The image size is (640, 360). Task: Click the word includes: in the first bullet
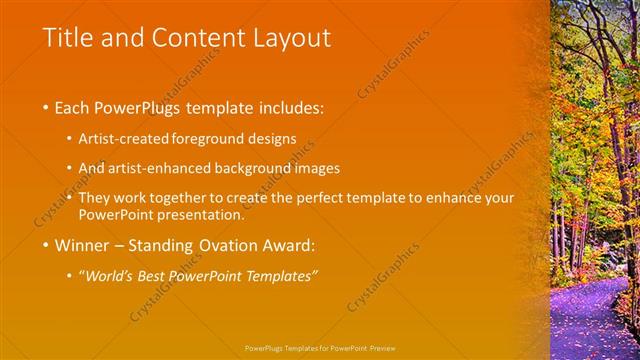pyautogui.click(x=289, y=106)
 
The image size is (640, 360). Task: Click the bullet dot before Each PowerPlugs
pyautogui.click(x=46, y=107)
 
